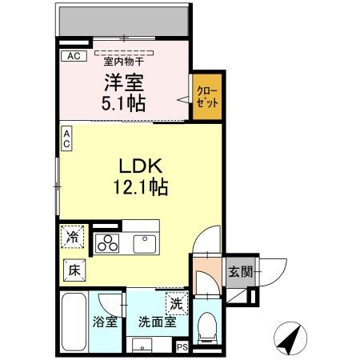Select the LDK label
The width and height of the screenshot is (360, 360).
coord(142,167)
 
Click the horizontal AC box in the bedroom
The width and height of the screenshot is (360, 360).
coord(73,56)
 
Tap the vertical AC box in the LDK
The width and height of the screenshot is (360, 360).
coord(67,138)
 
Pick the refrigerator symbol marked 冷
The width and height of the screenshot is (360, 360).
coord(73,237)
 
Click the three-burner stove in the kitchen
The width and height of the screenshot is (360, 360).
coord(107,243)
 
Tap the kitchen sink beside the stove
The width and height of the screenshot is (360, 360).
coord(145,242)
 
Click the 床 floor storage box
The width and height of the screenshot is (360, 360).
coord(72,270)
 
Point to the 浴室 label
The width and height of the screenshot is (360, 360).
coord(106,322)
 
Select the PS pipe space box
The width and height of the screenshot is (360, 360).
coord(182,346)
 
